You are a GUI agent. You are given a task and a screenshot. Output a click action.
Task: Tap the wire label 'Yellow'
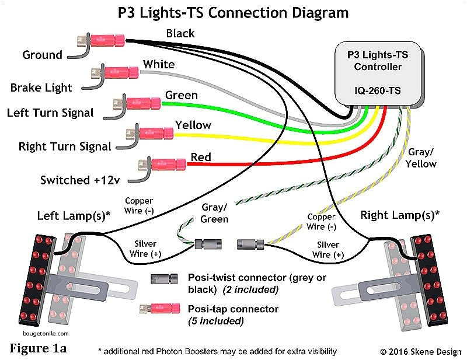click(x=193, y=125)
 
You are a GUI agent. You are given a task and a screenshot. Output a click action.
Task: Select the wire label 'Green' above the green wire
click(x=181, y=95)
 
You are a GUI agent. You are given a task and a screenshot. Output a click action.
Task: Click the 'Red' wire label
click(x=201, y=157)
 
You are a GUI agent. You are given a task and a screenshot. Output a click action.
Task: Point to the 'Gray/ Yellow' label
click(x=421, y=158)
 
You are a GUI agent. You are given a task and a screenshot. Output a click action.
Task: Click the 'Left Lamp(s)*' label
click(x=74, y=215)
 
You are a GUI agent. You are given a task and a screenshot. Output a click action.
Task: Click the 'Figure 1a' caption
click(x=38, y=348)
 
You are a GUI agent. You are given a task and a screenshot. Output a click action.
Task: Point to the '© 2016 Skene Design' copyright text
click(x=420, y=351)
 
